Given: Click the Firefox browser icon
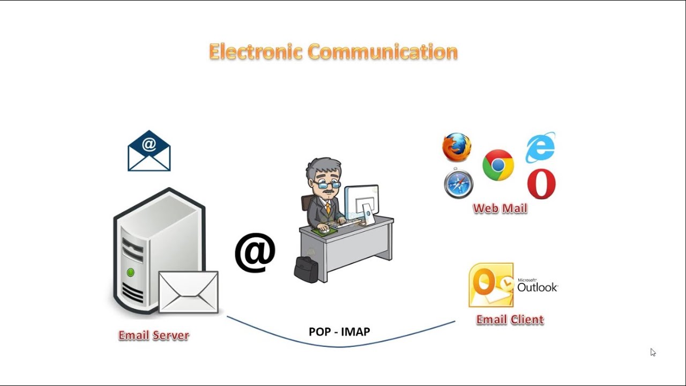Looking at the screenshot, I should click(457, 147).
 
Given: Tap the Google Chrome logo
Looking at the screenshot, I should click(498, 165).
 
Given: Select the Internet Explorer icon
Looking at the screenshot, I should click(540, 147).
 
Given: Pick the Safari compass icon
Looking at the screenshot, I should click(459, 184).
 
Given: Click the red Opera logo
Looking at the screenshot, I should click(541, 184).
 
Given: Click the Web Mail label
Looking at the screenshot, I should click(500, 209).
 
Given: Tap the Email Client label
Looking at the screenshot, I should click(510, 320).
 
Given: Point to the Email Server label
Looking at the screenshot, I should click(154, 336).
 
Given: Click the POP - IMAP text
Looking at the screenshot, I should click(339, 332).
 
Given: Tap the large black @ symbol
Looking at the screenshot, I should click(255, 252).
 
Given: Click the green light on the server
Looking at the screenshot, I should click(130, 272).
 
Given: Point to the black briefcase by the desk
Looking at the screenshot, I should click(306, 270).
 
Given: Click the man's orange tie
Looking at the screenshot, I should click(327, 208).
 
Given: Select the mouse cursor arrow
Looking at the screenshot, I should click(653, 352).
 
